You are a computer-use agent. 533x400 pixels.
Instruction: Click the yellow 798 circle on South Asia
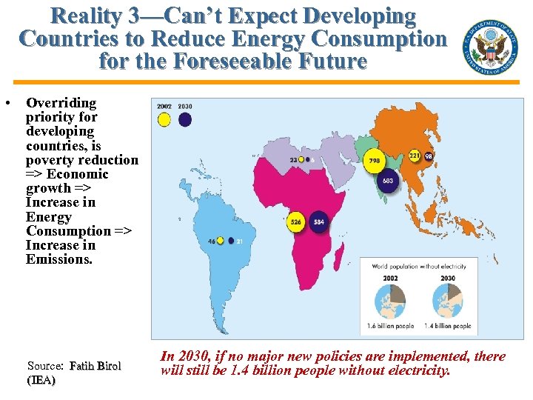click(375, 159)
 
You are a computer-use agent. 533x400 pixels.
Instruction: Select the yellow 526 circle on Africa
click(297, 221)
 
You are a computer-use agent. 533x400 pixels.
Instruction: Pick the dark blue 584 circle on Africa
click(319, 221)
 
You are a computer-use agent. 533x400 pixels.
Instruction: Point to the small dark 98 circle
click(429, 156)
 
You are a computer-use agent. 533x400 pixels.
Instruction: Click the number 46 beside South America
click(211, 241)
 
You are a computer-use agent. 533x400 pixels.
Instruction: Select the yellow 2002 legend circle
click(164, 119)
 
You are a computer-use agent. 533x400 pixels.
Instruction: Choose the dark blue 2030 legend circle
click(185, 119)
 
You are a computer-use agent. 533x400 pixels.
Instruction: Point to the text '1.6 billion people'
click(391, 326)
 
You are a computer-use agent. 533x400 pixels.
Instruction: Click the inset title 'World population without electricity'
click(419, 266)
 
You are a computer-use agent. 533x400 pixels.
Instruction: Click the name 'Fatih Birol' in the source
click(95, 366)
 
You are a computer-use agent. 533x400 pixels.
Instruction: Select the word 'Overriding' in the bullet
click(61, 103)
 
